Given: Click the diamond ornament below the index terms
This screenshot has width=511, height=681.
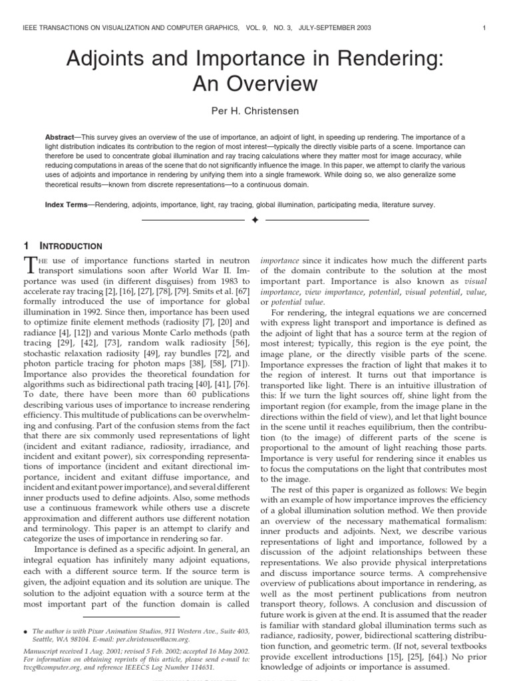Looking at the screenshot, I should (x=255, y=219).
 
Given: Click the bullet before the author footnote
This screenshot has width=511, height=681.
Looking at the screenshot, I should (x=25, y=629).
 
